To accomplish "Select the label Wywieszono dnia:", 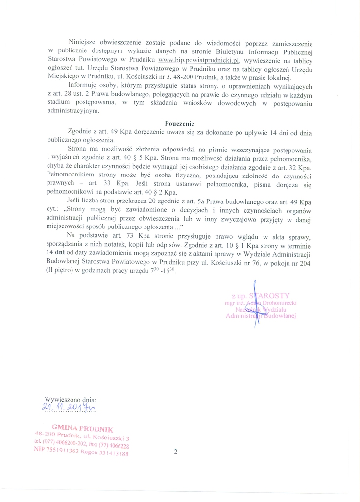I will tap(71, 399).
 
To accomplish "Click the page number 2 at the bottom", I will tap(175, 452).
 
